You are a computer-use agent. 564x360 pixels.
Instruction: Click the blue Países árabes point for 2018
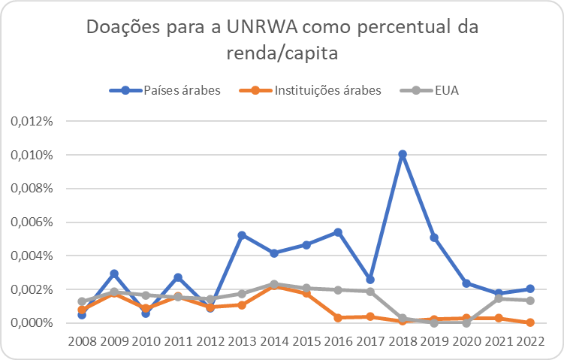403,154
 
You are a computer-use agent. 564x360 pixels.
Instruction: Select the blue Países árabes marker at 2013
242,235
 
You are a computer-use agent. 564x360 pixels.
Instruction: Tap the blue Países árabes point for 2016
338,232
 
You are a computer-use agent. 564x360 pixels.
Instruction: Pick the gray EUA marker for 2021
499,299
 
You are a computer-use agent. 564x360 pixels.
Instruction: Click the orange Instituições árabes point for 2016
338,317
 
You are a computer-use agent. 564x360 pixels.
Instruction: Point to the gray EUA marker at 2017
370,292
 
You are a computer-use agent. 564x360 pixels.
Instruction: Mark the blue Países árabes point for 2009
114,274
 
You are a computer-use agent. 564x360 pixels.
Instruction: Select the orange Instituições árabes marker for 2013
242,305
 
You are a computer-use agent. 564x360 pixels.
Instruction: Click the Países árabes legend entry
165,90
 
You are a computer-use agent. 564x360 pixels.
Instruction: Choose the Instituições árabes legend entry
310,90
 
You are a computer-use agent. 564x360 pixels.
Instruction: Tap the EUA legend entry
430,90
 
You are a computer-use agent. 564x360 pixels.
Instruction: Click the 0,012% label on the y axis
32,121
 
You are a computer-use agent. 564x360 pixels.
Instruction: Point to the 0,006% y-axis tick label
32,222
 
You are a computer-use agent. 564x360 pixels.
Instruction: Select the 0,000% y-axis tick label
32,323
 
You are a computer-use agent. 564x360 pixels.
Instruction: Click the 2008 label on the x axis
83,341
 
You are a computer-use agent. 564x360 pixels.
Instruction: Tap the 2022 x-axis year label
530,341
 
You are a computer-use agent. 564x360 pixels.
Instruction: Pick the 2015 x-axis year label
306,341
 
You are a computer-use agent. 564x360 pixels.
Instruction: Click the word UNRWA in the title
262,27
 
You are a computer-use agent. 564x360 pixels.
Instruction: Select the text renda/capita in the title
282,53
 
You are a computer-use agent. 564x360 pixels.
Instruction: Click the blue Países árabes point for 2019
434,237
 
